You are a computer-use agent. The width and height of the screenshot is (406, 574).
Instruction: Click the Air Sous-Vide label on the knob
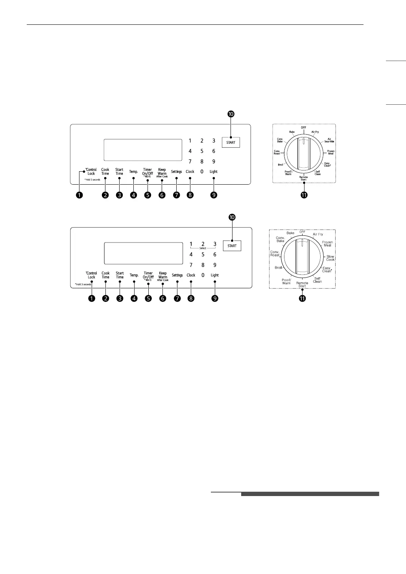pos(330,140)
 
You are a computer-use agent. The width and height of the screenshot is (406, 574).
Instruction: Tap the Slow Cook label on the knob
pos(330,258)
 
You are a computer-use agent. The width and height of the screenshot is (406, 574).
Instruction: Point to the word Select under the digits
pos(203,248)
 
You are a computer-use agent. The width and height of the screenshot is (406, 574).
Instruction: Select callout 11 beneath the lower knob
pos(302,299)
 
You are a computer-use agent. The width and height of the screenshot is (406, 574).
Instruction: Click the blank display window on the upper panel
pos(142,150)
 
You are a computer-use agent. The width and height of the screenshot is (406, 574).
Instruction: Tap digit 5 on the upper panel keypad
pos(202,151)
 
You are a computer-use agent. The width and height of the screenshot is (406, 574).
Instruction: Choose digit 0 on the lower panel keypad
pos(203,275)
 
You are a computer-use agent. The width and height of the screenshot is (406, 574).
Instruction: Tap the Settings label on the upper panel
pos(177,172)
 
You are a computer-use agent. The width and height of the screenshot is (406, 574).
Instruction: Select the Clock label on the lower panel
pos(191,275)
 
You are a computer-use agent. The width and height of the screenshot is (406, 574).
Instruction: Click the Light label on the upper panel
pos(214,172)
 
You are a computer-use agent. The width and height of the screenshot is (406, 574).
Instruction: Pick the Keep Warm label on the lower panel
pos(162,275)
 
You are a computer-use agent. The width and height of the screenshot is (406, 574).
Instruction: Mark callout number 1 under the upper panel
pos(80,195)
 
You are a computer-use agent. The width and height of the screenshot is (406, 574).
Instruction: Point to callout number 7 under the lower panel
pos(177,299)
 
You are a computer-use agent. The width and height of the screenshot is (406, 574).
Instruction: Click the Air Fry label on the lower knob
pos(318,234)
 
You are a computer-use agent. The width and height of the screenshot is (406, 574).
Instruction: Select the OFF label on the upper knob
pos(304,128)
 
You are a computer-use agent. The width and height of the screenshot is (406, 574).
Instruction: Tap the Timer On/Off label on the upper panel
pos(148,172)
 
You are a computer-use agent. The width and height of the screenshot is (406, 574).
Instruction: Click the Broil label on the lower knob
pos(279,268)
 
